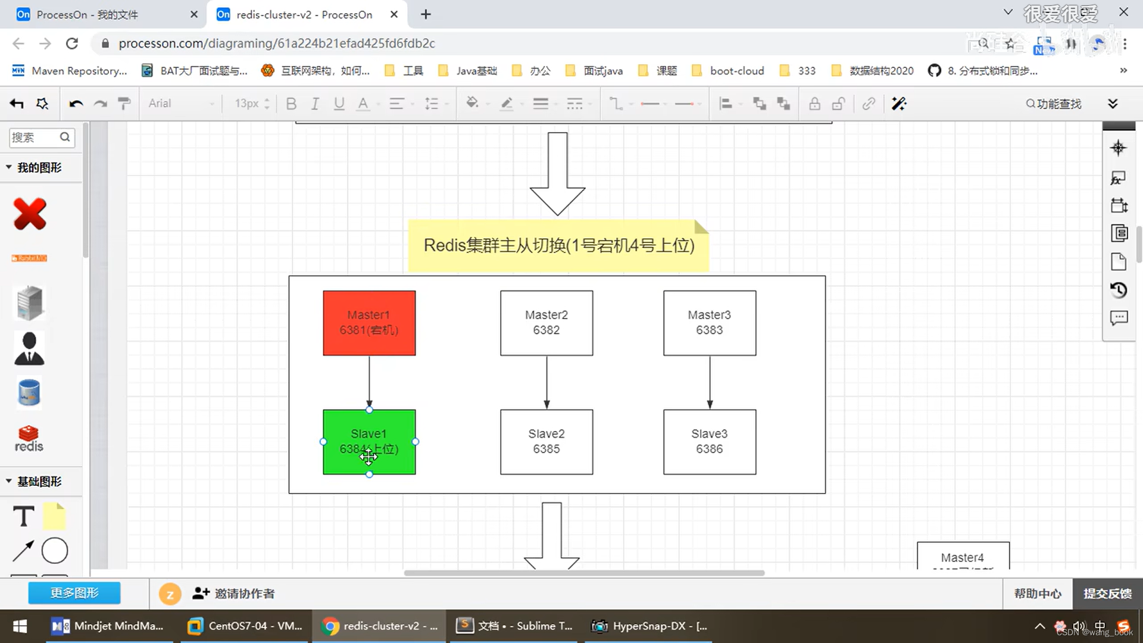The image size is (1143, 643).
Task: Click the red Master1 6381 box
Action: [x=369, y=323]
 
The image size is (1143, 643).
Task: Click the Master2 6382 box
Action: [x=546, y=323]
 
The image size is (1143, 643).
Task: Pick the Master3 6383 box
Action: [x=710, y=323]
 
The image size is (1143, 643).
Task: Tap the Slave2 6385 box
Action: [x=546, y=442]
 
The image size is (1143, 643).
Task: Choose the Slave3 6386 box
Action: [x=710, y=442]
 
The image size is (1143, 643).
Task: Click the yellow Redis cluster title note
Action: [x=558, y=245]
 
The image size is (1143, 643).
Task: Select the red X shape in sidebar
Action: [x=30, y=214]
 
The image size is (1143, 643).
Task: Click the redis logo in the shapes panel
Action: [x=29, y=439]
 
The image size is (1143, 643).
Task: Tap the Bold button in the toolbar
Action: [x=291, y=104]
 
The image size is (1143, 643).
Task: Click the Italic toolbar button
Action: [x=315, y=104]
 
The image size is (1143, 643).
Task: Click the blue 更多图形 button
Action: [x=74, y=593]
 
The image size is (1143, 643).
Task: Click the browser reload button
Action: [x=72, y=43]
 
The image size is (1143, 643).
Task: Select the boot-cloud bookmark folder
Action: [x=737, y=71]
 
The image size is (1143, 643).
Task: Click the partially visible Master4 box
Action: [x=963, y=557]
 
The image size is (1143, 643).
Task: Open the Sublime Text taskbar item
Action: [x=515, y=626]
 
